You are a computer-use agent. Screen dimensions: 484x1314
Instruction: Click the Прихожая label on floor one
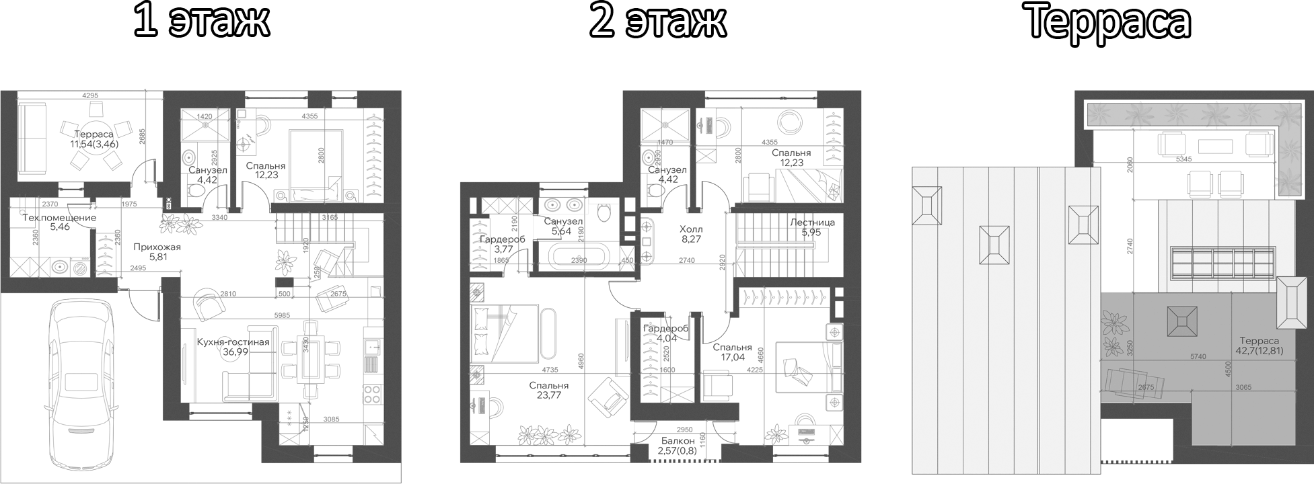tap(157, 247)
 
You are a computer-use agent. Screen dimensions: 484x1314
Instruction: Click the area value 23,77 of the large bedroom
tap(548, 395)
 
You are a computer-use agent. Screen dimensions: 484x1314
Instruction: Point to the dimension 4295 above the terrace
tap(85, 95)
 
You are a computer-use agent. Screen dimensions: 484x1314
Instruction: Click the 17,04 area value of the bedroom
tap(732, 358)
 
